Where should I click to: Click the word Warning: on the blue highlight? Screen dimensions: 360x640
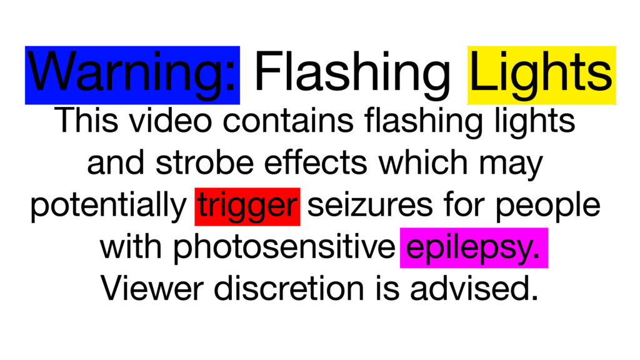pos(132,74)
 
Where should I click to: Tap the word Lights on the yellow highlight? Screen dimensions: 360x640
pos(541,74)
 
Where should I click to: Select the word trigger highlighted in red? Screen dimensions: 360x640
pos(247,207)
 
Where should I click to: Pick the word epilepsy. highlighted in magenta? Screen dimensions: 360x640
pos(474,248)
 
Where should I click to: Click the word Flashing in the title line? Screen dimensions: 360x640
pos(353,74)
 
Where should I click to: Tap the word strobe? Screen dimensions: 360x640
pos(206,163)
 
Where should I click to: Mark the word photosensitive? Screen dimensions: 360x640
pos(284,248)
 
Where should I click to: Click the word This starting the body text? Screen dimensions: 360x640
pos(86,121)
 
